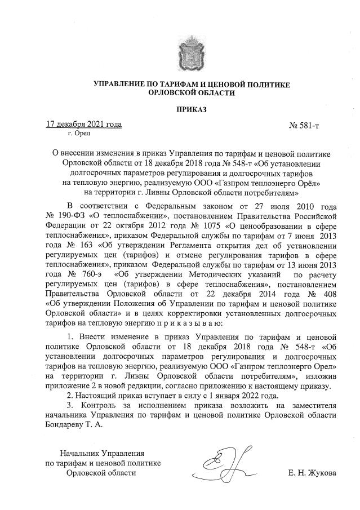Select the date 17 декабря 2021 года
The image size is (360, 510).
click(x=84, y=124)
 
